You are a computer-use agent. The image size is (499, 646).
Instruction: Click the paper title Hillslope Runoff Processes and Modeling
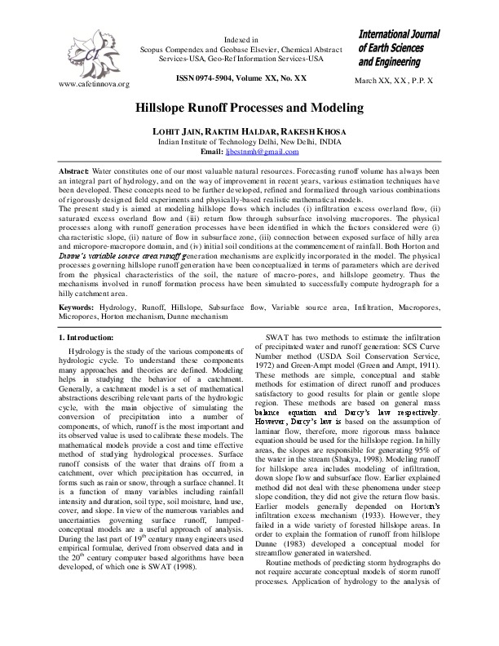point(249,108)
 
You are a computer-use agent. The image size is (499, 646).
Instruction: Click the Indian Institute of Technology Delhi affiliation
point(249,141)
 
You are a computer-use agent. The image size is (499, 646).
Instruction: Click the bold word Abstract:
point(73,169)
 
